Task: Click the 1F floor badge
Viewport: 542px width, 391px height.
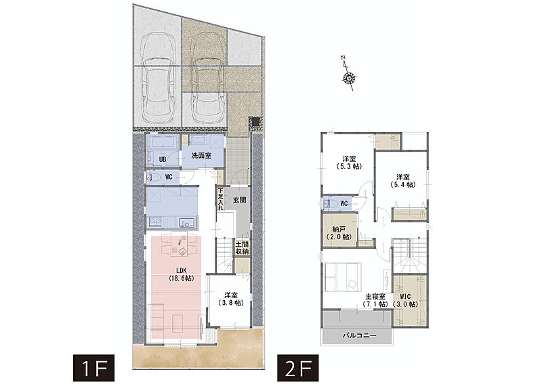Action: click(93, 368)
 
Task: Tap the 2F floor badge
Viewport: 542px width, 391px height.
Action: click(298, 368)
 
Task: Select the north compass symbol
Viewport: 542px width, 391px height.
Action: click(348, 74)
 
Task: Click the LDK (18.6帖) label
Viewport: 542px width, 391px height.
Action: click(181, 274)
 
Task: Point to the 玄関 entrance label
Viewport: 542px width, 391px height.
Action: click(239, 200)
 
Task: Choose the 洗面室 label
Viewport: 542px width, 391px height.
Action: click(201, 156)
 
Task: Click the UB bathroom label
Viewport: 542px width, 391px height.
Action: click(163, 159)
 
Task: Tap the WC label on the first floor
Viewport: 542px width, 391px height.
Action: click(168, 177)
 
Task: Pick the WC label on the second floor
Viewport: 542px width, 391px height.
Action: click(344, 203)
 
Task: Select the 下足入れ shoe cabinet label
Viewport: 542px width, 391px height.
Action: click(221, 199)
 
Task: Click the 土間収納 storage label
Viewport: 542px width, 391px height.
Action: click(242, 247)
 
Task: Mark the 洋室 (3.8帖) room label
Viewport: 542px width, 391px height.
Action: click(231, 299)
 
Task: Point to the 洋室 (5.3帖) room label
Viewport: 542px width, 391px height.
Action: click(349, 163)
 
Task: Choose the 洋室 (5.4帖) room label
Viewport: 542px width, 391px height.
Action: click(402, 181)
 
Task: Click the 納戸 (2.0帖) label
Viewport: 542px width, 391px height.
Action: click(339, 233)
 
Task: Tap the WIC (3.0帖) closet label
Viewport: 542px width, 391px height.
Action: click(405, 300)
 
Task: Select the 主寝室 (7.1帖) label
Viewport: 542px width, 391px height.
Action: click(375, 300)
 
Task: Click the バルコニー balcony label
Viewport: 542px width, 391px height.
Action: click(360, 335)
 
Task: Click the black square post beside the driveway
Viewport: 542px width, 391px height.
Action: click(255, 122)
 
